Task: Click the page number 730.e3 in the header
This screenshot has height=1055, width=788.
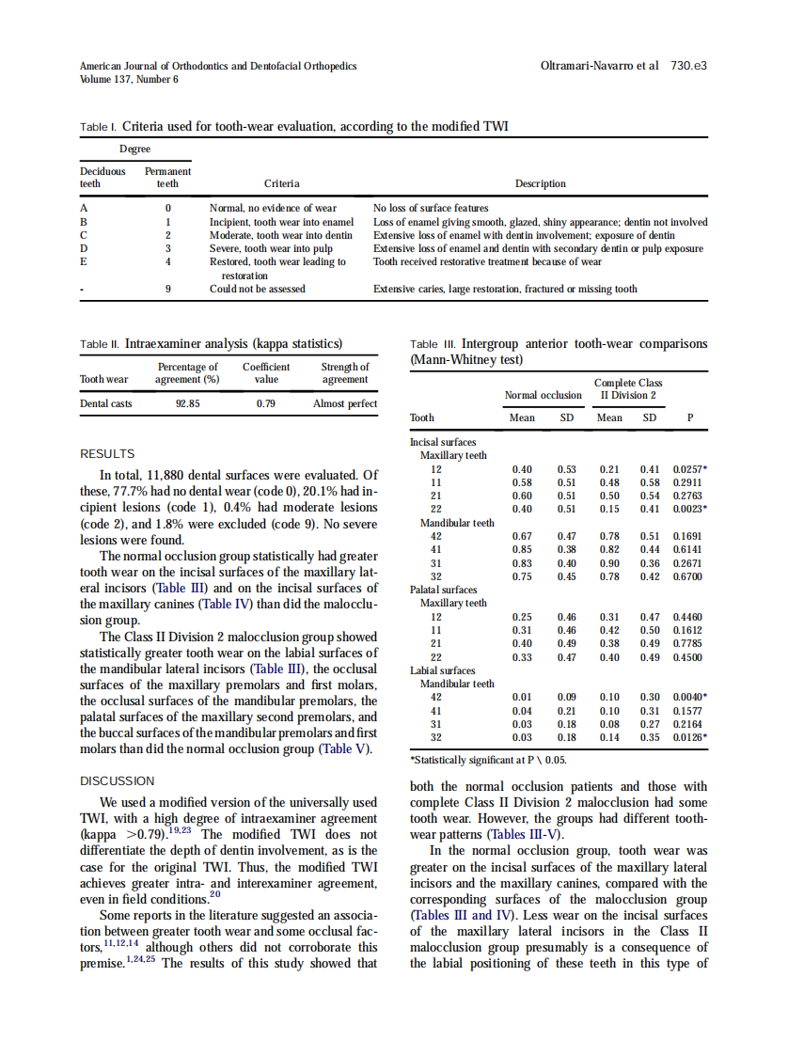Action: [688, 66]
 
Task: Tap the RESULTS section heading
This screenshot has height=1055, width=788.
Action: [107, 453]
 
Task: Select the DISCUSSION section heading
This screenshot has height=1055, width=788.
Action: [117, 780]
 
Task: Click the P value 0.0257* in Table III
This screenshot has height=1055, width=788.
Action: [690, 469]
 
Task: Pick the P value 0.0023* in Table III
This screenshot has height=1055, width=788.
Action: [690, 509]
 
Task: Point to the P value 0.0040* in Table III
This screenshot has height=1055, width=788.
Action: [690, 697]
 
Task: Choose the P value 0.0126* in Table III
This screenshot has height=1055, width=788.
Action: [690, 737]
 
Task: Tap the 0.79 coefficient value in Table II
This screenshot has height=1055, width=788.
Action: [266, 403]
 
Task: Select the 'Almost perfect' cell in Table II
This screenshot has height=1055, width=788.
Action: [345, 403]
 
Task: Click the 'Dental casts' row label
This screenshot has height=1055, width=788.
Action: [105, 403]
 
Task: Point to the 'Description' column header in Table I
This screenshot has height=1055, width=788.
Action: [541, 184]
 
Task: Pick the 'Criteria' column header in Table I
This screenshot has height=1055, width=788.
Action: [282, 184]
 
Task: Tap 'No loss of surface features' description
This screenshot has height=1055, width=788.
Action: [431, 208]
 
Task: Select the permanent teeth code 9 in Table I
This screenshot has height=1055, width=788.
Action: [167, 289]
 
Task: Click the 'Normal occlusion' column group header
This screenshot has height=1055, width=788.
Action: [543, 395]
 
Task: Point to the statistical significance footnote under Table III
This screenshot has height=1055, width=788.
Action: [488, 760]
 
